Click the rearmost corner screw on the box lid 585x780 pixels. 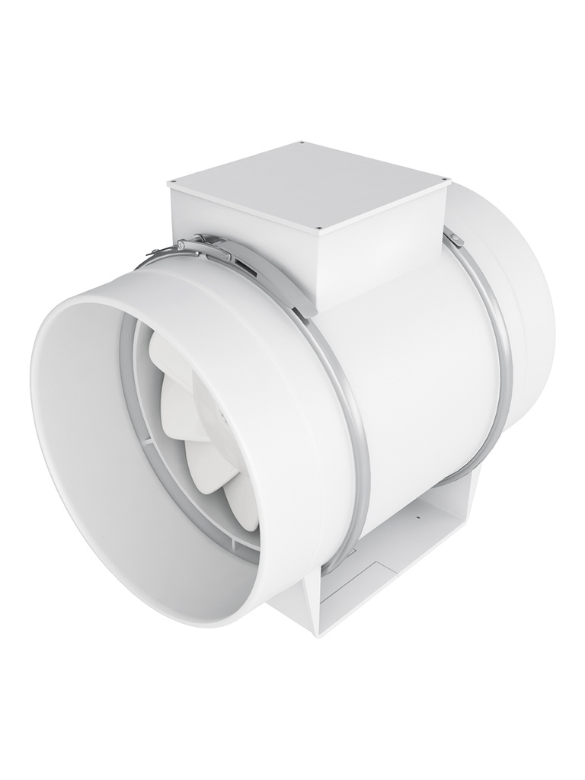302,142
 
